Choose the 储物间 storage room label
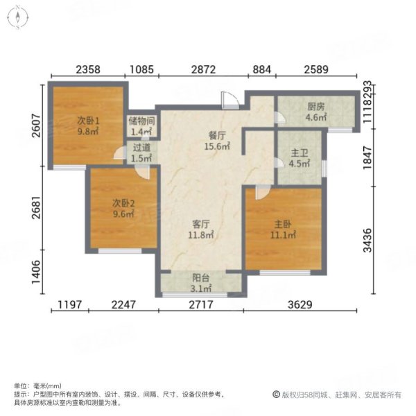tap(141, 121)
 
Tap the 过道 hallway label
tap(141, 148)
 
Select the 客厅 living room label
tap(201, 225)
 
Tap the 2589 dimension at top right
tap(315, 69)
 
